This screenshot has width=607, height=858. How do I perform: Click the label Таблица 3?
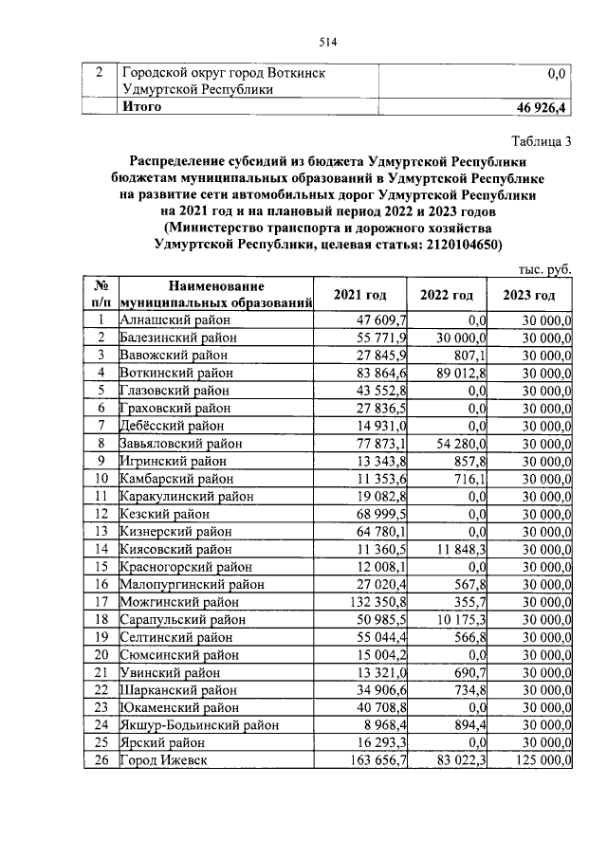coord(542,142)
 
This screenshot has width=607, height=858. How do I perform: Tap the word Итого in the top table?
coord(141,106)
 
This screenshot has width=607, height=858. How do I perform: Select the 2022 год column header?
coord(447,295)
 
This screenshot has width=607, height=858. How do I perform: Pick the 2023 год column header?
coord(530,295)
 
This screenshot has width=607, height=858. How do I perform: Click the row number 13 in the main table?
coord(99,530)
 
